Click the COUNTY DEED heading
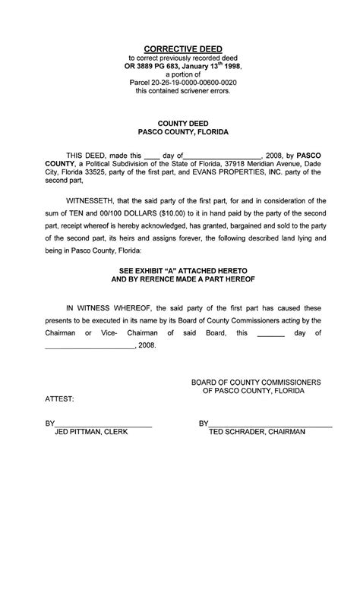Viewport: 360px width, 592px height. pyautogui.click(x=182, y=122)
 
